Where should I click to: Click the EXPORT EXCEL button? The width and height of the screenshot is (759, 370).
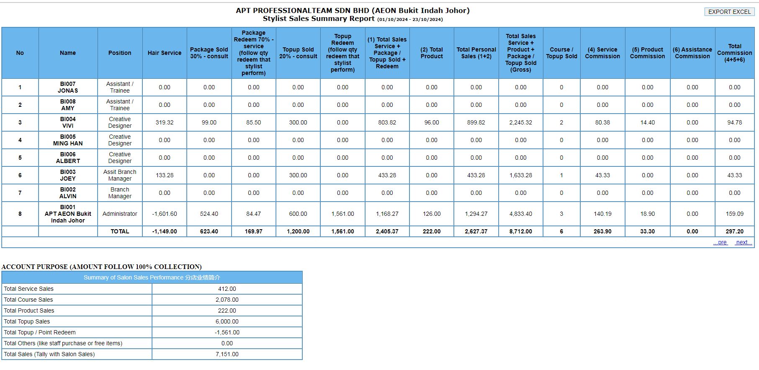coord(729,12)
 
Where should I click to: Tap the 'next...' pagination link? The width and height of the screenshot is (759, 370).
coord(744,242)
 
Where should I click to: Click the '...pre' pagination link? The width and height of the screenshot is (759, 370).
coord(720,242)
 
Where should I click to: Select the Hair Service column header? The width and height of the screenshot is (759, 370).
coord(165,53)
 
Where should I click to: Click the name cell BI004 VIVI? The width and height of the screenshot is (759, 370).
coord(68,122)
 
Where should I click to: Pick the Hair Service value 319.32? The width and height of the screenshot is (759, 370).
coord(165,122)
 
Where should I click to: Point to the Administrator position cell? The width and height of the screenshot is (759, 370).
coord(120,214)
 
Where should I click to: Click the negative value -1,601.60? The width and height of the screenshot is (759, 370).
coord(165,214)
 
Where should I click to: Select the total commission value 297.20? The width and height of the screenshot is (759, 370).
coord(734,231)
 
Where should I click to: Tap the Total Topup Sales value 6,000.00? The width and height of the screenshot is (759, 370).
coord(227,321)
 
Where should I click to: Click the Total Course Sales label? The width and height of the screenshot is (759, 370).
coord(28,300)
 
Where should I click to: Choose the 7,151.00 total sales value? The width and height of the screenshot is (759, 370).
coord(227,354)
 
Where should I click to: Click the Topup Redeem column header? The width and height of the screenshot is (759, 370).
coord(342,53)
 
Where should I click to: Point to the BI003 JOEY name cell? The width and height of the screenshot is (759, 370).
coord(68,175)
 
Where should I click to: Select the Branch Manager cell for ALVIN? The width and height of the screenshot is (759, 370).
coord(120,193)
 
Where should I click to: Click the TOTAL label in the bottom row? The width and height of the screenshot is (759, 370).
coord(120,231)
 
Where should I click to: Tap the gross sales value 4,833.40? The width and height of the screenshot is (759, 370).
coord(521,214)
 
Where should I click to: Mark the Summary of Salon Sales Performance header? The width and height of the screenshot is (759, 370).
coord(152,277)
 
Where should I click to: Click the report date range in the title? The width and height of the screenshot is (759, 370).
coord(410,19)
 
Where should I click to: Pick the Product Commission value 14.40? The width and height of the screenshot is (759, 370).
coord(647,122)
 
